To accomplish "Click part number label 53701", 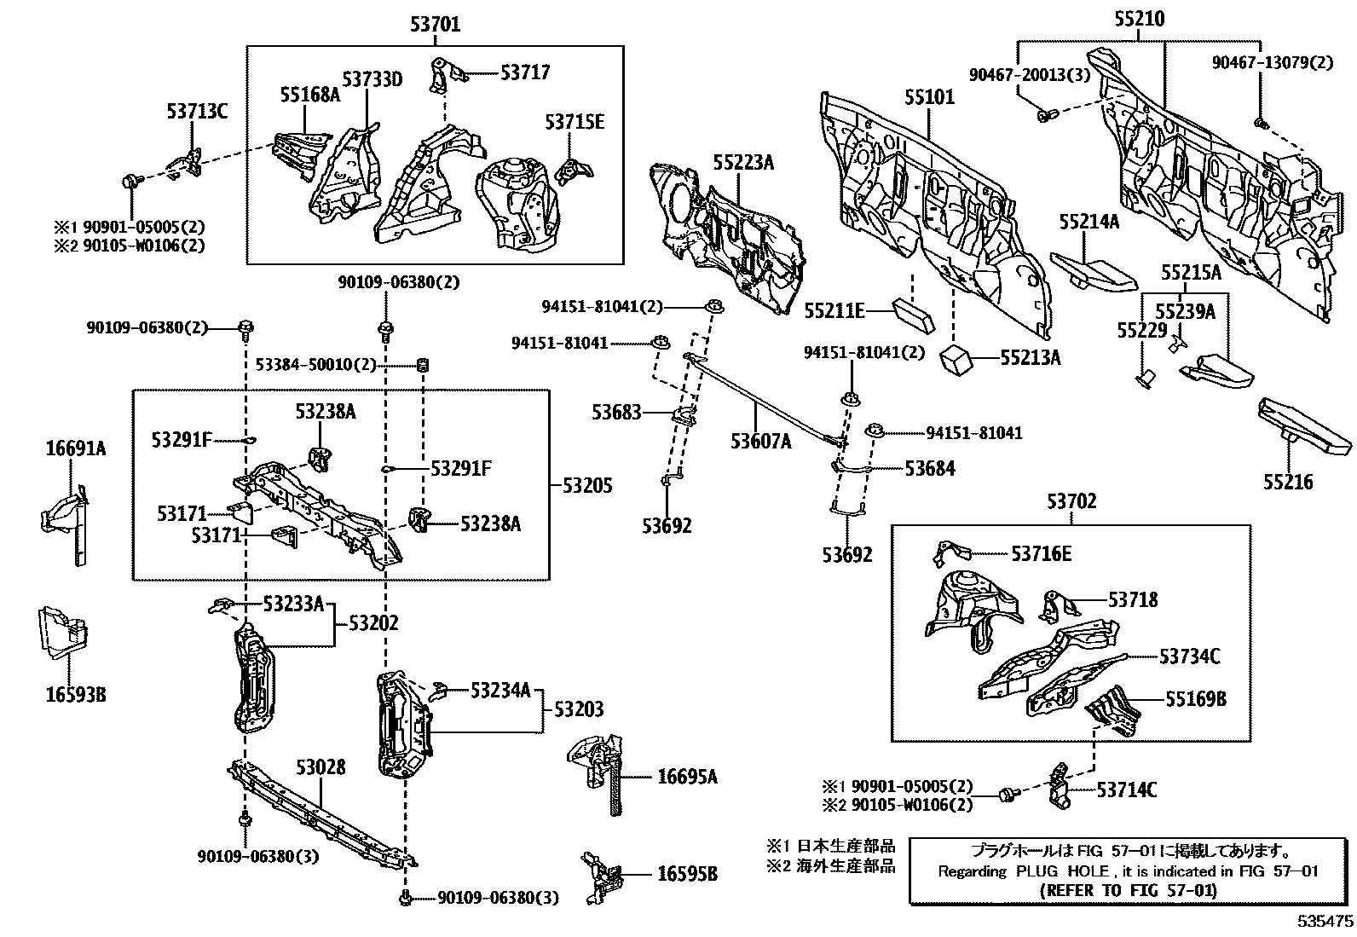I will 435,25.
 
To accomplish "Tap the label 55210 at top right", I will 1139,19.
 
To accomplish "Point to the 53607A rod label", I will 760,441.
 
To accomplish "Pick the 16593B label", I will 75,694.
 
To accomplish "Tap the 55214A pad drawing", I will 1093,270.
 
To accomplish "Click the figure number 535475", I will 1325,922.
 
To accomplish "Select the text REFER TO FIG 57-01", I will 1129,890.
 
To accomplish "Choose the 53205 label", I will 587,485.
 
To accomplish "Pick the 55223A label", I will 743,161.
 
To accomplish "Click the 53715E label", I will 575,122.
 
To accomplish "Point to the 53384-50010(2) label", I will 315,364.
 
